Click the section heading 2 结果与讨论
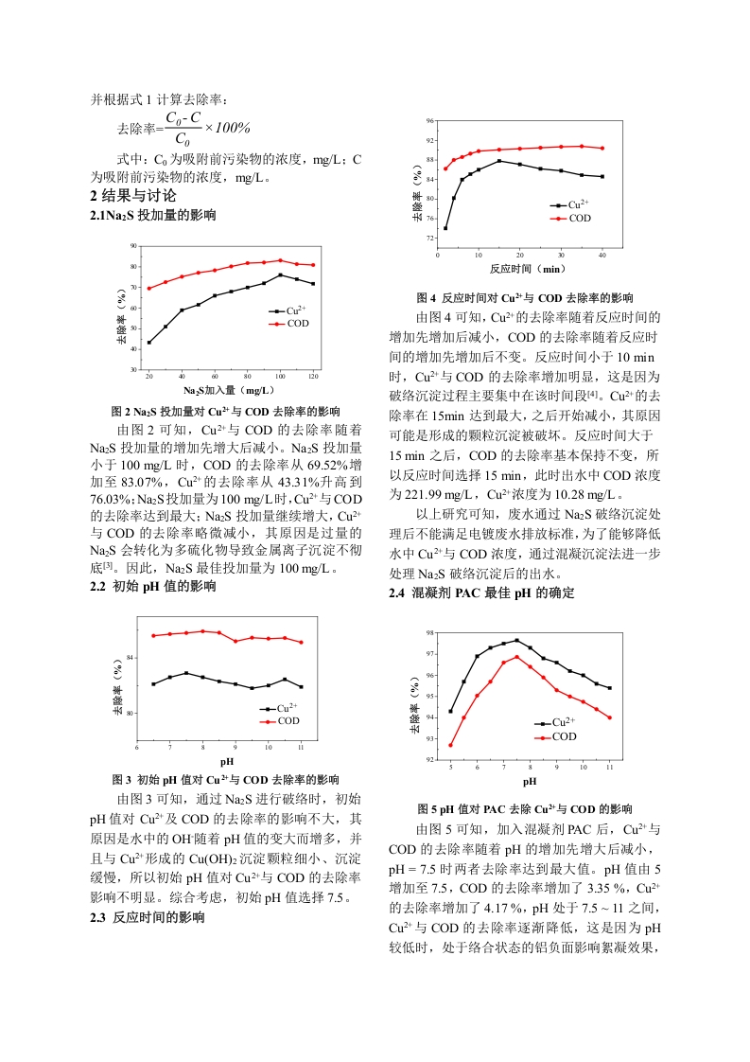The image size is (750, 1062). tap(132, 196)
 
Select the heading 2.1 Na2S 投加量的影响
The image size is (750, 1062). tap(153, 216)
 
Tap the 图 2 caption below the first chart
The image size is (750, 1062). tap(225, 411)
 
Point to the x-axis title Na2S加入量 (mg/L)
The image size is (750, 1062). tap(229, 390)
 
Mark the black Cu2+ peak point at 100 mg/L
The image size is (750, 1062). tap(280, 275)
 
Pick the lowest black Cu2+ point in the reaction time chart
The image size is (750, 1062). tap(445, 228)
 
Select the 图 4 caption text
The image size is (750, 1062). tap(525, 298)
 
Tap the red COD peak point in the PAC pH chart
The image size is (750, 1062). tap(517, 657)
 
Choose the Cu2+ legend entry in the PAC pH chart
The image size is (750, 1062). tap(555, 723)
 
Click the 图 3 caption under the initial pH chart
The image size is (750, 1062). tap(225, 780)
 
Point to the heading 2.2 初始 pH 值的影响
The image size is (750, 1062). tap(153, 587)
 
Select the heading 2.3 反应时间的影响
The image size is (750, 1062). tap(148, 918)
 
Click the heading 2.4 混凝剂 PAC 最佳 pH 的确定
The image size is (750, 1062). tap(482, 593)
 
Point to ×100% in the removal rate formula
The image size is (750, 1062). tap(228, 128)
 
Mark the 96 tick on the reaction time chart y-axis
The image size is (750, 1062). tap(430, 121)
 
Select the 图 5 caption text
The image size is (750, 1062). tap(525, 809)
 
